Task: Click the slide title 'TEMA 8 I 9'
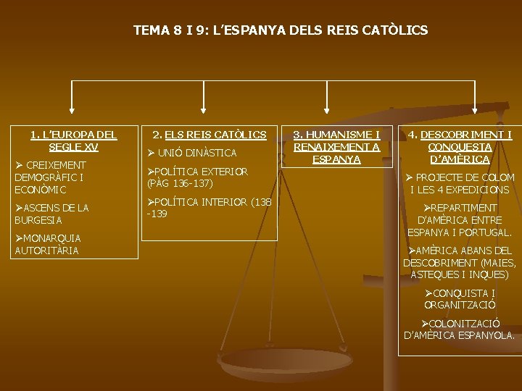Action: (281, 30)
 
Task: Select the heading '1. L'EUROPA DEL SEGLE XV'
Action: (73, 140)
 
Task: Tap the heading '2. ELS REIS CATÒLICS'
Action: (209, 135)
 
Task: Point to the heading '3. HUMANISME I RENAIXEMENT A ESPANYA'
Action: (336, 146)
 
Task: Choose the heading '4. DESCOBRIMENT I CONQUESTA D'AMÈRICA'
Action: (460, 146)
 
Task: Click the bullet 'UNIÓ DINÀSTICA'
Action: (192, 153)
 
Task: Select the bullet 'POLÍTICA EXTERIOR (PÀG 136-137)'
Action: (197, 177)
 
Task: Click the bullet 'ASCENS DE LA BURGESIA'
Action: (51, 214)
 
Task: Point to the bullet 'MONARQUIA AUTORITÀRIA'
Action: (48, 244)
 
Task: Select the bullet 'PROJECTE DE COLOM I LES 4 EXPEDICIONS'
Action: (460, 183)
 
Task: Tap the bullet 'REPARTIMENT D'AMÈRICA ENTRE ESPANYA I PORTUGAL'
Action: (460, 220)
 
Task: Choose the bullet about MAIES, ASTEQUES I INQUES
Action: (460, 262)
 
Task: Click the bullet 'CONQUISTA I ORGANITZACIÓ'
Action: (460, 298)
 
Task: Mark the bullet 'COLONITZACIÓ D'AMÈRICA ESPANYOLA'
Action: (460, 329)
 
